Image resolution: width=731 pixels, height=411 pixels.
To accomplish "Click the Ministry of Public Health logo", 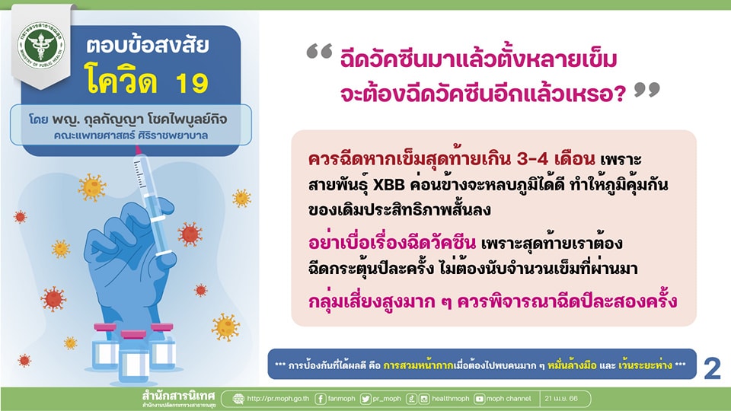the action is [x=41, y=45].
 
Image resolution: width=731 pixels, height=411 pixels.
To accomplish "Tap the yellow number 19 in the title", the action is [x=192, y=83].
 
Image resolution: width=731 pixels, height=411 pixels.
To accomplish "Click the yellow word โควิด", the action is [x=121, y=79].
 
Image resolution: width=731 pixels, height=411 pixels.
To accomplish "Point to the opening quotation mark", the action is [x=319, y=51].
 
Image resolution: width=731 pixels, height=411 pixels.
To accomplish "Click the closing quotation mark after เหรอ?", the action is [x=647, y=91].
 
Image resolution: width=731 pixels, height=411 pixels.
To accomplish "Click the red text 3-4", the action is [x=532, y=159].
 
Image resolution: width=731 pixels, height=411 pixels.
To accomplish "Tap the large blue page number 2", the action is [x=712, y=368].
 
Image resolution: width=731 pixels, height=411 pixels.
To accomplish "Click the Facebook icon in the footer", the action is [x=321, y=399].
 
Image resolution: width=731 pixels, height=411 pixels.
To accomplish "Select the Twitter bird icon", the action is [x=365, y=399].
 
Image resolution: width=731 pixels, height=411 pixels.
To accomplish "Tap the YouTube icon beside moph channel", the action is [x=479, y=399].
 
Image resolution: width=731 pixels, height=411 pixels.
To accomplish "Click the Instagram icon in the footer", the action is [x=424, y=399].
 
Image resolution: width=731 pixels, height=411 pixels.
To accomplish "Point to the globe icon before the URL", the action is [x=238, y=399].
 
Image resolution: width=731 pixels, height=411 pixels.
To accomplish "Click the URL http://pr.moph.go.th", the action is [x=278, y=399].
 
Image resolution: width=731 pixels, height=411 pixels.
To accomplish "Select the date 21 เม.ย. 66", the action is [x=561, y=399].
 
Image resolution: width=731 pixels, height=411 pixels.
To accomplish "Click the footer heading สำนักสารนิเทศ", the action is [x=178, y=397].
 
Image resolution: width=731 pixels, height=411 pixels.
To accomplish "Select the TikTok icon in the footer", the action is [x=411, y=399].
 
